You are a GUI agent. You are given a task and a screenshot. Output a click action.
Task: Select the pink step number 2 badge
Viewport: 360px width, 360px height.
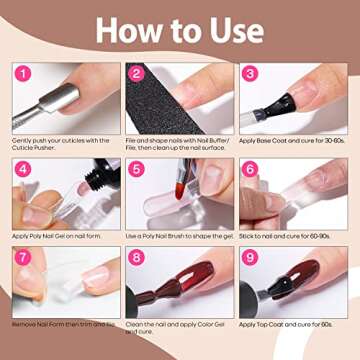pos(137,72)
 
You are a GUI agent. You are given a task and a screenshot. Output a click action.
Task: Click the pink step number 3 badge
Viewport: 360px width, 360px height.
pos(250,72)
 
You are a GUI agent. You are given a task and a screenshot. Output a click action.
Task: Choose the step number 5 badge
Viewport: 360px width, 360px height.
pos(137,170)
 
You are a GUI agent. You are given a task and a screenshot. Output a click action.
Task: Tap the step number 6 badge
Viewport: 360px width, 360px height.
pos(250,170)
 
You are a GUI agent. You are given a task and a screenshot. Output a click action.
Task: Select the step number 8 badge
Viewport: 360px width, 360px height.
pos(137,259)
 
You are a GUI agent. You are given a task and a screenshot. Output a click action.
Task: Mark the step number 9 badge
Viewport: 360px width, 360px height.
pos(250,259)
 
